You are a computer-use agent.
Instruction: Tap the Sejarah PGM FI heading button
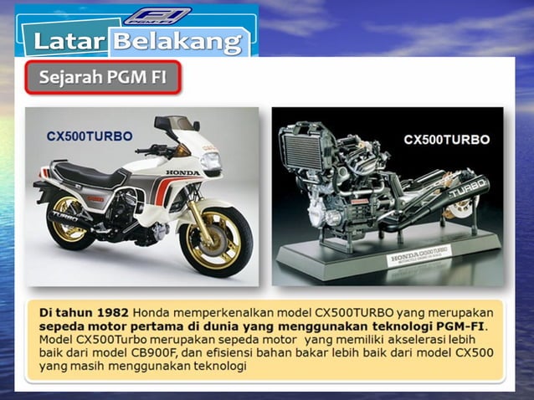(102, 78)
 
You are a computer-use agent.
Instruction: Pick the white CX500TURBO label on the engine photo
(447, 140)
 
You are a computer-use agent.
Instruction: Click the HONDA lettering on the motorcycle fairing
(185, 172)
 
